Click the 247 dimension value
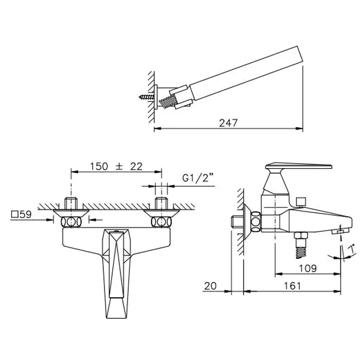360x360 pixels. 228,123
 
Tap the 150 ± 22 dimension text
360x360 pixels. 116,167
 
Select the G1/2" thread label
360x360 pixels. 198,178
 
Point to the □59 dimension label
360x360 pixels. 22,214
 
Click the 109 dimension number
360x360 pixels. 308,268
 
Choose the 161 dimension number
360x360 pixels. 292,286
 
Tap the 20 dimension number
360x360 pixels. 210,286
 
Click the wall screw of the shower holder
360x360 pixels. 147,97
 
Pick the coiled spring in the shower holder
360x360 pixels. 168,102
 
